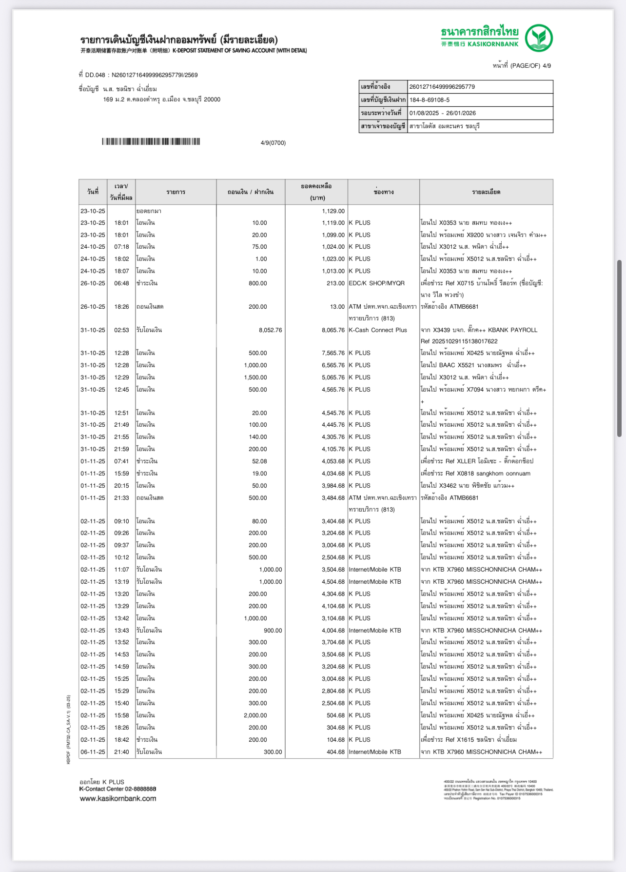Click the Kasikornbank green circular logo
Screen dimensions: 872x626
[x=539, y=38]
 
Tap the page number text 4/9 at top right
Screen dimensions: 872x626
[x=547, y=66]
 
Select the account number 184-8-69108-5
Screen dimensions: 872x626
[x=430, y=100]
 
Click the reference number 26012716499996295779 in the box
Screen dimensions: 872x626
[x=442, y=87]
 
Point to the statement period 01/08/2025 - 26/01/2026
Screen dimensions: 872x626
[x=442, y=113]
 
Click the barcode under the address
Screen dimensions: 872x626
[x=151, y=142]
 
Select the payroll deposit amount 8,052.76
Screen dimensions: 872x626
[x=270, y=330]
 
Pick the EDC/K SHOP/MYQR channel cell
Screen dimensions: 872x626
[x=376, y=283]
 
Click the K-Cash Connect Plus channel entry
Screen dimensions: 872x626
[x=377, y=330]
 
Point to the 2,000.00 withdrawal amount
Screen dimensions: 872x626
[x=255, y=715]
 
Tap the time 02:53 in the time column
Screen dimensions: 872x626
[x=121, y=330]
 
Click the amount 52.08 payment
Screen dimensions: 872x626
[x=259, y=461]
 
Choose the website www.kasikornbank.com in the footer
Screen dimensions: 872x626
[x=118, y=798]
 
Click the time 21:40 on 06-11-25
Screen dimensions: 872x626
[x=121, y=752]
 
